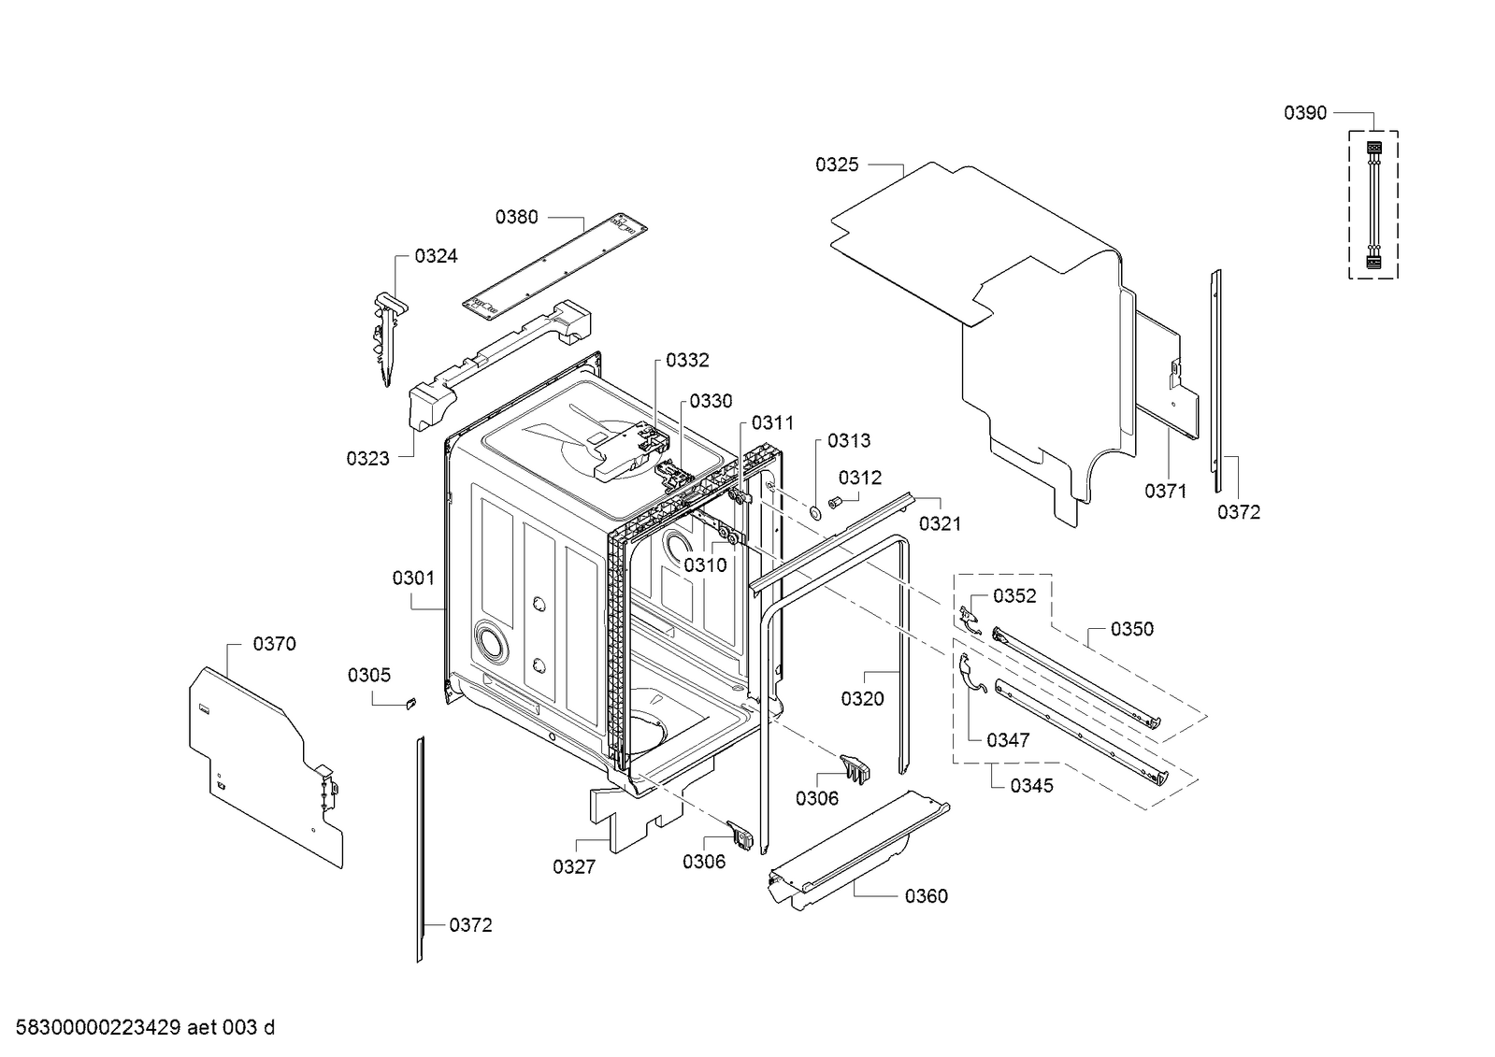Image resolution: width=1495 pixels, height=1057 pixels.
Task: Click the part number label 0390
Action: pos(1304,113)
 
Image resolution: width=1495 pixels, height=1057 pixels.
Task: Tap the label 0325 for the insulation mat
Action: pos(836,164)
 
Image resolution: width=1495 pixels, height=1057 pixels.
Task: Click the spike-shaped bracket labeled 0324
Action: pos(387,336)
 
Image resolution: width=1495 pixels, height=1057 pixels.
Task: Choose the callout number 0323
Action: pos(367,458)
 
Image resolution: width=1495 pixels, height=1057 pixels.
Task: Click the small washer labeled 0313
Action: pos(814,510)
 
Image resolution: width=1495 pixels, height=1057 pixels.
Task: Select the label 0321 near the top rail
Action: pos(940,524)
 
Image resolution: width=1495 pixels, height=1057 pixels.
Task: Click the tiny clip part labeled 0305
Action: pos(410,703)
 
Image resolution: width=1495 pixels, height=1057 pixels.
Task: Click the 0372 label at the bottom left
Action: pos(470,925)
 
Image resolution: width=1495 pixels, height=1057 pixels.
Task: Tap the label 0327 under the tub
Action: pos(573,867)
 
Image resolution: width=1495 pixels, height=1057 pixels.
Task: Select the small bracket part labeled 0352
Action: pos(969,618)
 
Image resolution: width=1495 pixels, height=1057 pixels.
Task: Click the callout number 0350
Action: pos(1131,629)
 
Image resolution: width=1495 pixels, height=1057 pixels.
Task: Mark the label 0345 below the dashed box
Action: pos(1031,786)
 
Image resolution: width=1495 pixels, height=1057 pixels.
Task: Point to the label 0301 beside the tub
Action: pos(413,578)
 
